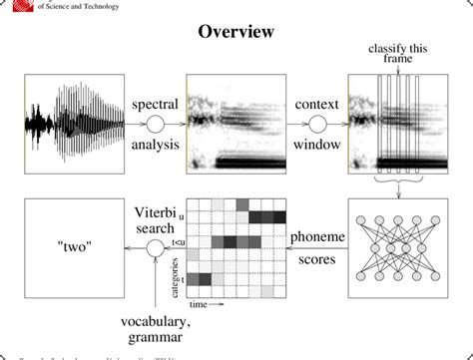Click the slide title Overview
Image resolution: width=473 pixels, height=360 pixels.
pyautogui.click(x=236, y=34)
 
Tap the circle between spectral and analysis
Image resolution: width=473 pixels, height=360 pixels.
pyautogui.click(x=156, y=125)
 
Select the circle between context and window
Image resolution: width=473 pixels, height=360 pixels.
pyautogui.click(x=318, y=125)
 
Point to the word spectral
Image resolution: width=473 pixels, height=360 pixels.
pyautogui.click(x=157, y=104)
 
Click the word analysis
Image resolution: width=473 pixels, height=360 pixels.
pyautogui.click(x=157, y=146)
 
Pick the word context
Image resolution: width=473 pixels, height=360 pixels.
pyautogui.click(x=318, y=104)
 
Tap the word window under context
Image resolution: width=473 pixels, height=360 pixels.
pyautogui.click(x=318, y=146)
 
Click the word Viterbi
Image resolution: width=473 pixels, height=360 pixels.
pyautogui.click(x=157, y=212)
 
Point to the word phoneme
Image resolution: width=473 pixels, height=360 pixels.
pyautogui.click(x=317, y=237)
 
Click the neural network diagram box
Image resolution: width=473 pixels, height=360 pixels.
pyautogui.click(x=396, y=248)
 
